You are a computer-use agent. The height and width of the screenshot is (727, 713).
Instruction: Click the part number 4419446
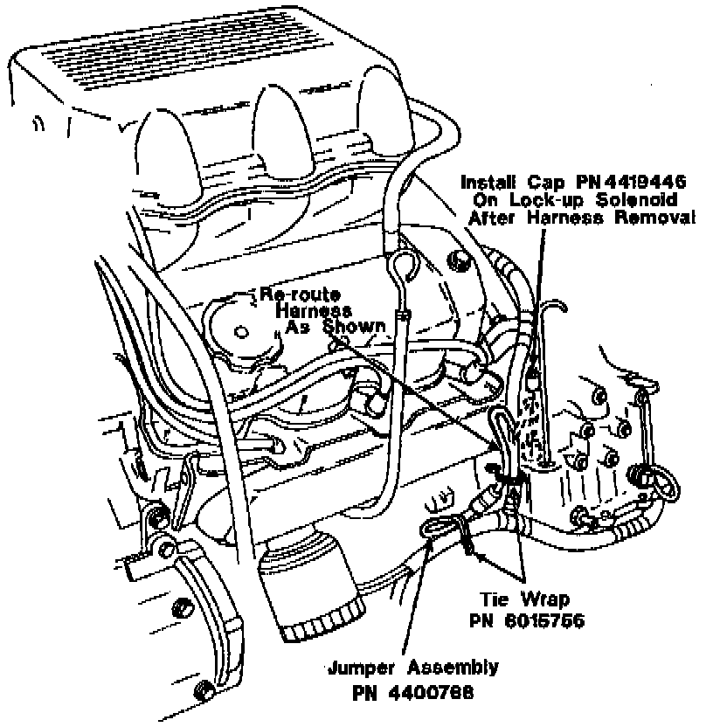click(x=638, y=182)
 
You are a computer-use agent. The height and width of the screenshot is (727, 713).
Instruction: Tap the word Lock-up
click(x=553, y=200)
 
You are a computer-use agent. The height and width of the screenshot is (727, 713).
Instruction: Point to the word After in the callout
click(x=495, y=218)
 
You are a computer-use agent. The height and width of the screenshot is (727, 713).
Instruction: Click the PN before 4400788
click(x=366, y=694)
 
